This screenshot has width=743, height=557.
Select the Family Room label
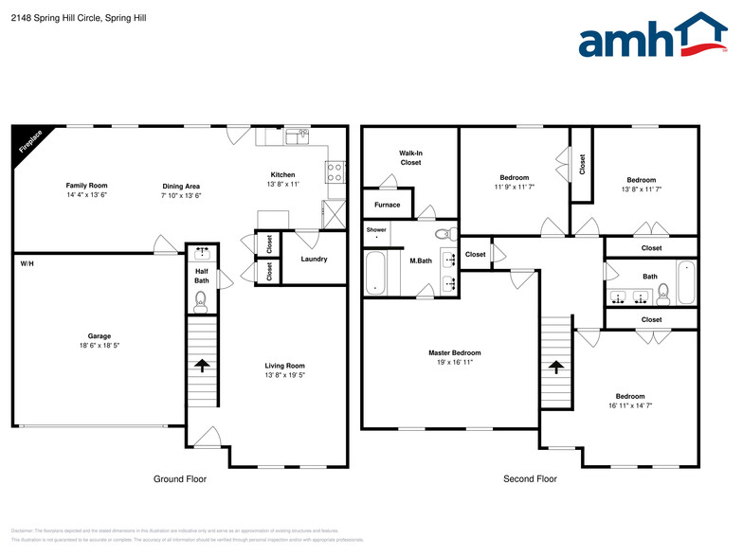click(86, 185)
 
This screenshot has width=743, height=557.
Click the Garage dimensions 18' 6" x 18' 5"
click(100, 347)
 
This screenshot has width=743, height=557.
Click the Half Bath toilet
click(200, 301)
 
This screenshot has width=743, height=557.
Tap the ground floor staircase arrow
click(201, 365)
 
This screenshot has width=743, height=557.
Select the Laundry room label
click(314, 259)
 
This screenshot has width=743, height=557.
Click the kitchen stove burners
click(334, 172)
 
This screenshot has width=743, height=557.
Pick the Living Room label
click(284, 366)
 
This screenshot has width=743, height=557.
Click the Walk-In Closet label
click(410, 157)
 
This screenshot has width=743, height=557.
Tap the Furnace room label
click(387, 205)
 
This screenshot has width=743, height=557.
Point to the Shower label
click(376, 229)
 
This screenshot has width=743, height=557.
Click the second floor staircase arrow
click(555, 365)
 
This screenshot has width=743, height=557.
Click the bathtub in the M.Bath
click(375, 275)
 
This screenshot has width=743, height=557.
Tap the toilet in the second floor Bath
click(663, 295)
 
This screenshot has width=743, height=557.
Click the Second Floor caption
click(530, 479)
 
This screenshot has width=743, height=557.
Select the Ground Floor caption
click(180, 479)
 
